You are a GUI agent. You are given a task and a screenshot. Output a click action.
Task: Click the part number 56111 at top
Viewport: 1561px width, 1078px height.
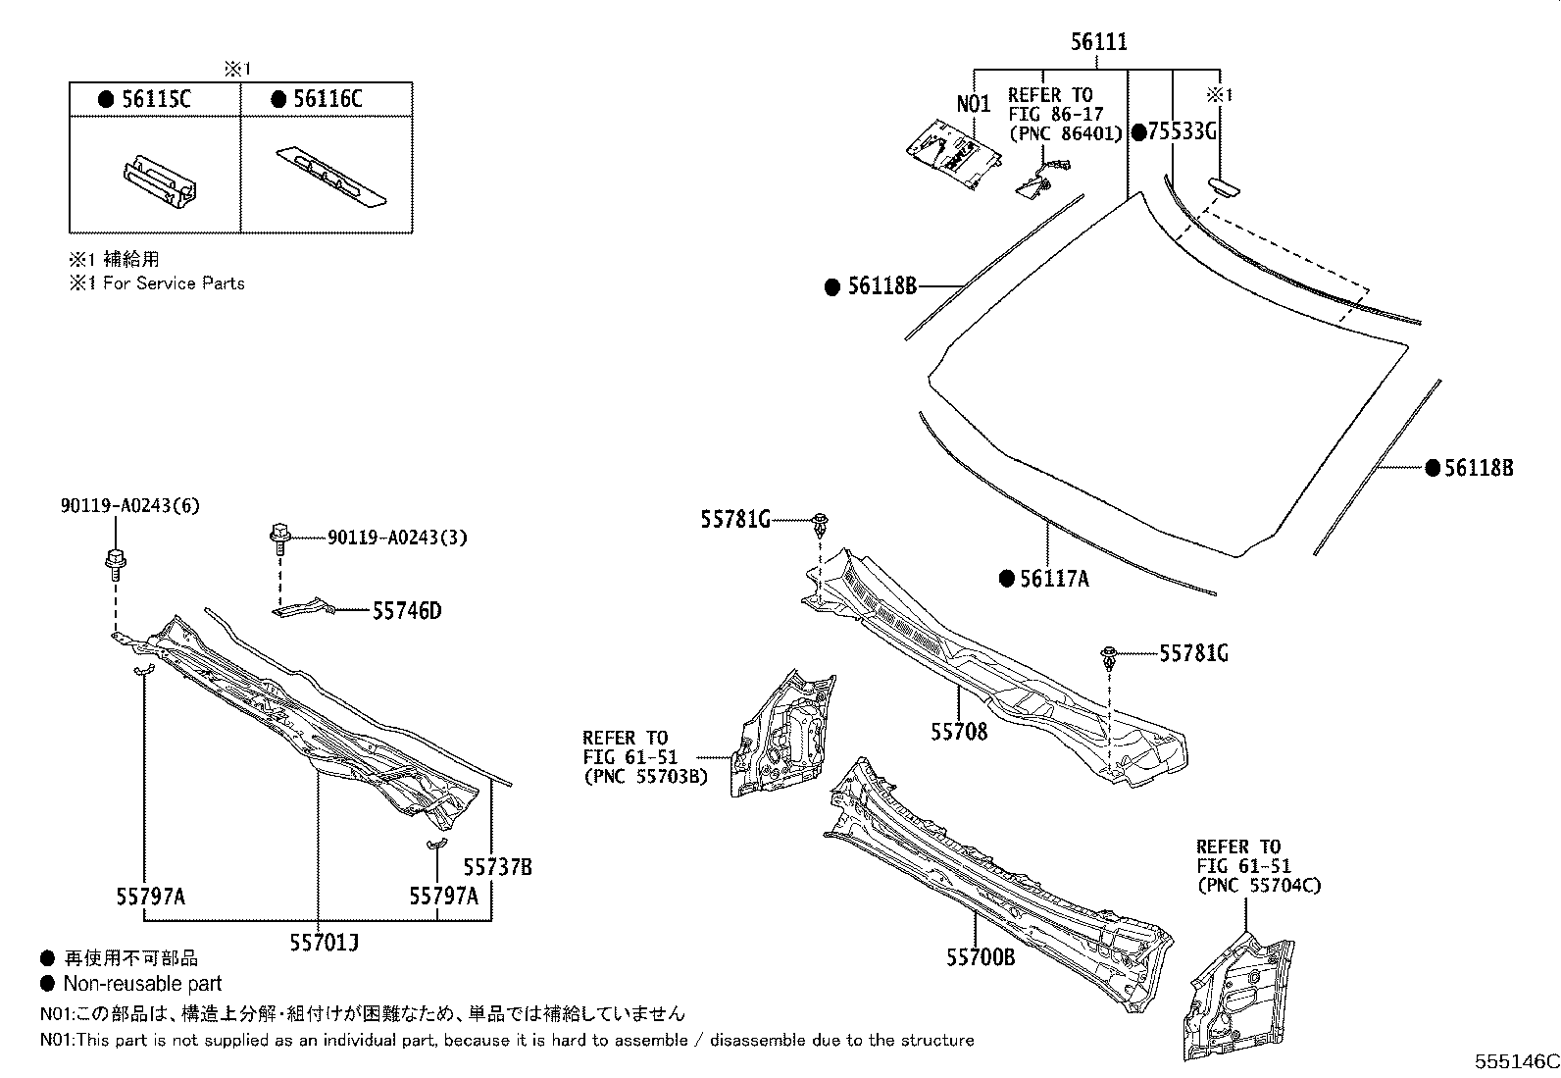(x=1098, y=42)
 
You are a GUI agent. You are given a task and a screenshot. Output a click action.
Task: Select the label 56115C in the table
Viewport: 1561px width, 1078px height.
(x=158, y=99)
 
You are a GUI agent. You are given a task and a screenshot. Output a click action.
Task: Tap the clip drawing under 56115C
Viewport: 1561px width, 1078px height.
(x=157, y=181)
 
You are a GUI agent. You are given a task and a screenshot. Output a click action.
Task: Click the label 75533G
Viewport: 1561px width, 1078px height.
(x=1182, y=132)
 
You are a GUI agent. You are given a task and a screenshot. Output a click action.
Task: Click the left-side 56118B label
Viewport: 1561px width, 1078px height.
(x=881, y=286)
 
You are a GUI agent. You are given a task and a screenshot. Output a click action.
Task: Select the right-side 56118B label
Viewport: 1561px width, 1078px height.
(x=1478, y=468)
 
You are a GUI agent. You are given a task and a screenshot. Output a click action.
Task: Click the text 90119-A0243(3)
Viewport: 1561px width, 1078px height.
(x=384, y=538)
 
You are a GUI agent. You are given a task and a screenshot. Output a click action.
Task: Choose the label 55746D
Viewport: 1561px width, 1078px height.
(x=406, y=611)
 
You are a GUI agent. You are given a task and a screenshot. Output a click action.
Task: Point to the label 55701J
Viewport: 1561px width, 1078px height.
(x=324, y=943)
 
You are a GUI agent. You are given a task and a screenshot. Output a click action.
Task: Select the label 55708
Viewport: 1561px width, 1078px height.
(x=959, y=732)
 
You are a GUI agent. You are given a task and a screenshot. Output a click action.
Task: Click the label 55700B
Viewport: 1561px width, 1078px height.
(x=981, y=956)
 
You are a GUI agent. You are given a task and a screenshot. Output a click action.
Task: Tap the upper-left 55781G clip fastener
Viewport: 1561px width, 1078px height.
(x=819, y=522)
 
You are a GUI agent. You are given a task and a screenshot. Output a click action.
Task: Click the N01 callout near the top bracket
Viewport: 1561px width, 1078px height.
(x=974, y=104)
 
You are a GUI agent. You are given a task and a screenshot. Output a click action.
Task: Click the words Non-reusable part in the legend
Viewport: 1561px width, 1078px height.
(x=142, y=984)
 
